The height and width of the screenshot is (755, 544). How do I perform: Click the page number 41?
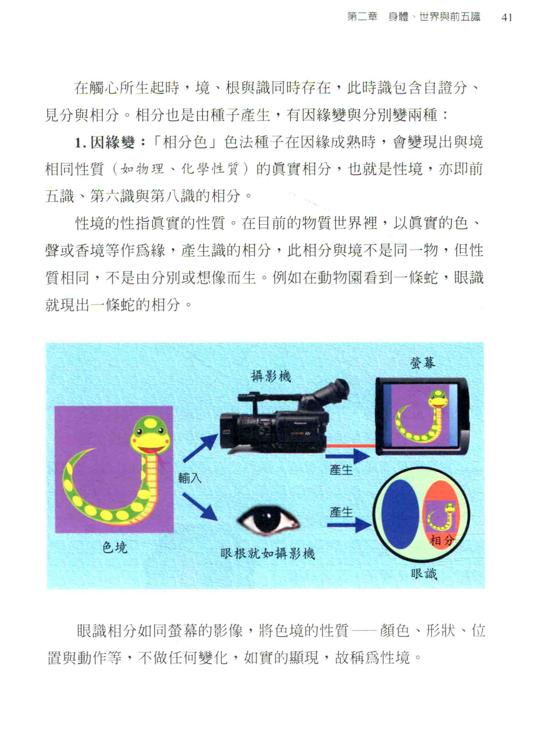coord(507,17)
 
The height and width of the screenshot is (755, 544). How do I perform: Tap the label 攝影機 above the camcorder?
coord(271,376)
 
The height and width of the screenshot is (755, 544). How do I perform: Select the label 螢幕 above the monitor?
coord(423,363)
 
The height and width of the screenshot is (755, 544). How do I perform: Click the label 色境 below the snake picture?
coord(115,548)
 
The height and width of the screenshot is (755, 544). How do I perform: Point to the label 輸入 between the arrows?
coord(190,478)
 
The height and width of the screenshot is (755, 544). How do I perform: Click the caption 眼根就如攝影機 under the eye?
coord(267,553)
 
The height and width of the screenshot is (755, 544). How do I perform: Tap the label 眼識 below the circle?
coord(424,574)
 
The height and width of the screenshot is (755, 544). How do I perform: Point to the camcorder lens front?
coord(227,430)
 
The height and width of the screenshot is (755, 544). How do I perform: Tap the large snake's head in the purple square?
coord(152,435)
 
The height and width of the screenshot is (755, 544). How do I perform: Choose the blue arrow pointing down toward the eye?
coord(200,507)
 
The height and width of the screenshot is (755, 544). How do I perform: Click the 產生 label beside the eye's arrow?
coord(341,512)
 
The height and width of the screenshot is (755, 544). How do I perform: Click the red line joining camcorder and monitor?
coord(350,446)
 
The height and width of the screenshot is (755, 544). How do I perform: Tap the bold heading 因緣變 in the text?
coord(113,143)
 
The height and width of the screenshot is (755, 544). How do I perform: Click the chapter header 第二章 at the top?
coord(362,17)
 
